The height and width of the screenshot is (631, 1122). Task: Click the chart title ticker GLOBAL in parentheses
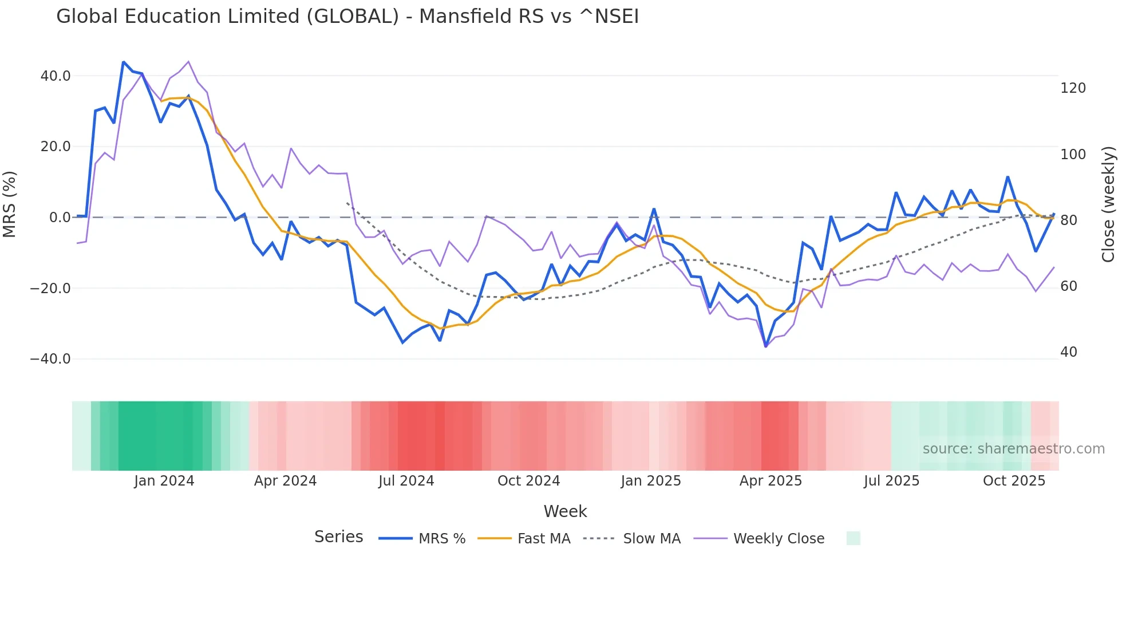coord(352,17)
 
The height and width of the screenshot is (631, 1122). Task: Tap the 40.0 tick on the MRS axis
coord(56,76)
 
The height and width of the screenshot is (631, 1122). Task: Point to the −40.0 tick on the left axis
coord(50,359)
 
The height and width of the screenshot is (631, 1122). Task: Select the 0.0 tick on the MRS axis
coord(60,218)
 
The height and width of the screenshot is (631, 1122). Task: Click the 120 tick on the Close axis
coord(1073,88)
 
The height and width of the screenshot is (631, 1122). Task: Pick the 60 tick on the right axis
coord(1069,286)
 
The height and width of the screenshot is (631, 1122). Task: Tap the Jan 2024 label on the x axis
coord(164,481)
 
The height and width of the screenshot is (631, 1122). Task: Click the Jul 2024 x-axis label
coord(406,481)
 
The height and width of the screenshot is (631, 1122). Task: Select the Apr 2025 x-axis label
coord(771,481)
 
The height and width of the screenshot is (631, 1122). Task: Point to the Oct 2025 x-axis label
coord(1014,481)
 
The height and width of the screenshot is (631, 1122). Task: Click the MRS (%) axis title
coord(10,204)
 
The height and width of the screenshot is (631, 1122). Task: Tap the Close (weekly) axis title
coord(1109,204)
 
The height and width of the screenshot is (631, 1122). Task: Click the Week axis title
coord(565,511)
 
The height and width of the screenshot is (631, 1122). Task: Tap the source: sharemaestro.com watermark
coord(1013,449)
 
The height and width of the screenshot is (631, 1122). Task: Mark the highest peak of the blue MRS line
coord(124,62)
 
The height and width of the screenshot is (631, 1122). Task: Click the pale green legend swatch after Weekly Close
coord(853,538)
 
